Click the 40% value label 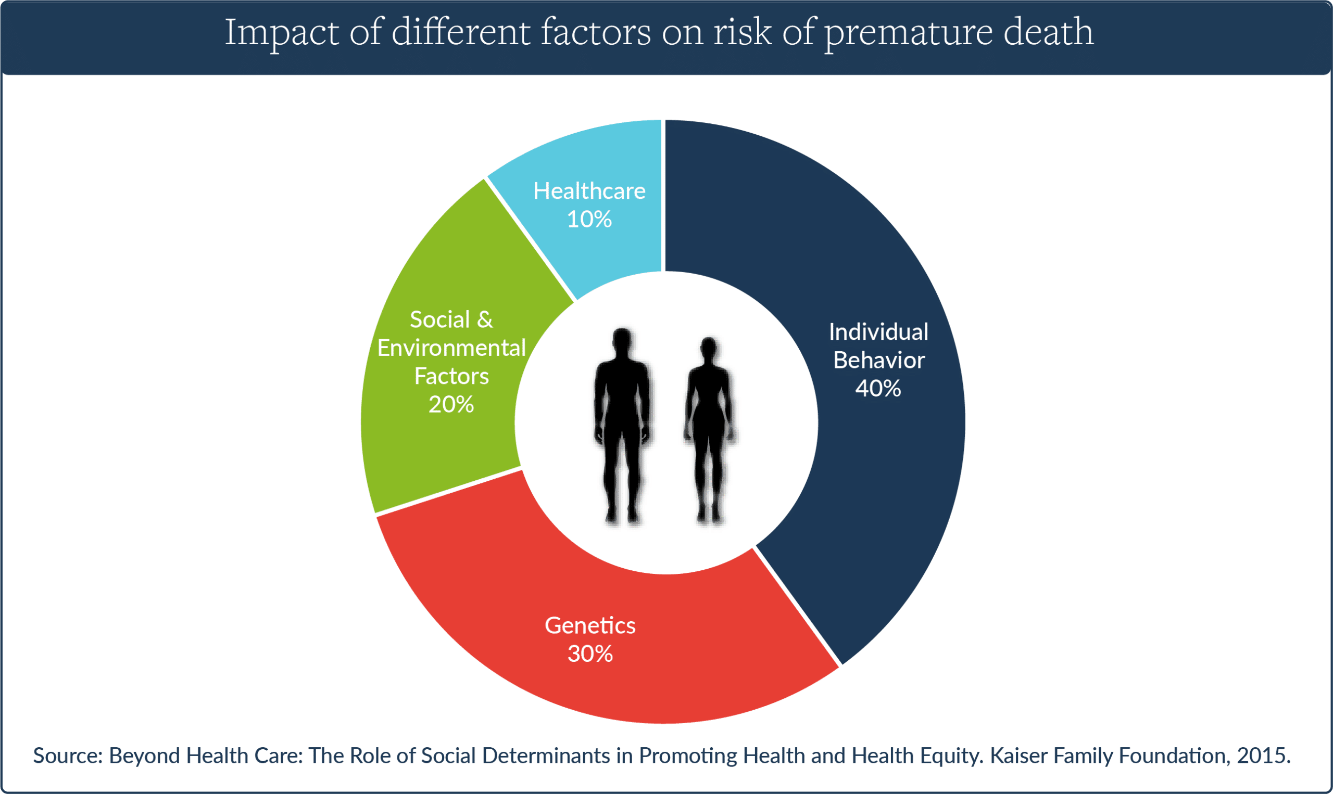(x=878, y=389)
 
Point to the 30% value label (x=590, y=654)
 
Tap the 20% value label (x=451, y=404)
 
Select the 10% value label (x=589, y=220)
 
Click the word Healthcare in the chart (x=589, y=191)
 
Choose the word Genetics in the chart (x=590, y=625)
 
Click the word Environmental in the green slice (x=451, y=348)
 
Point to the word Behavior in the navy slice (x=878, y=360)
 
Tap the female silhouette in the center (x=709, y=431)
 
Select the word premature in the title (x=908, y=33)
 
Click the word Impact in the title (x=281, y=33)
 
